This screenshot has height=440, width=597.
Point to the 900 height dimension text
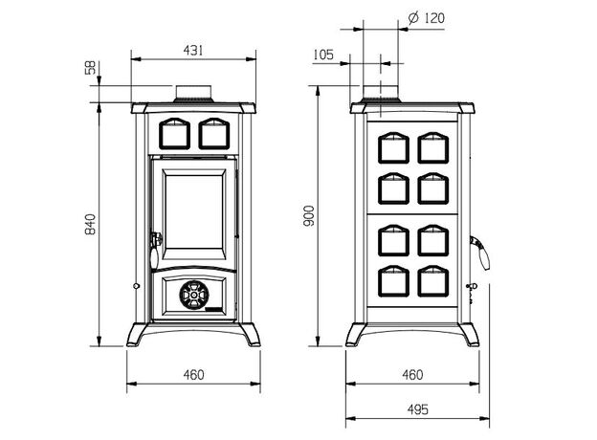click(x=308, y=217)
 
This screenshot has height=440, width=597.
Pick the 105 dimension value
click(x=323, y=55)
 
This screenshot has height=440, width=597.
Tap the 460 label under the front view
click(x=193, y=374)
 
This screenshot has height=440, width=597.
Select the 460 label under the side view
click(x=412, y=374)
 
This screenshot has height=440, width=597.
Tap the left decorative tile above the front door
click(x=173, y=133)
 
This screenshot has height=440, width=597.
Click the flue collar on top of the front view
click(x=194, y=94)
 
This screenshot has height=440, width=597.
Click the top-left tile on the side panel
click(x=394, y=148)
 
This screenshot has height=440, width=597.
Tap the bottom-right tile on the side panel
click(x=431, y=280)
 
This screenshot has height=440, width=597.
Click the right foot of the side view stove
click(x=471, y=336)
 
